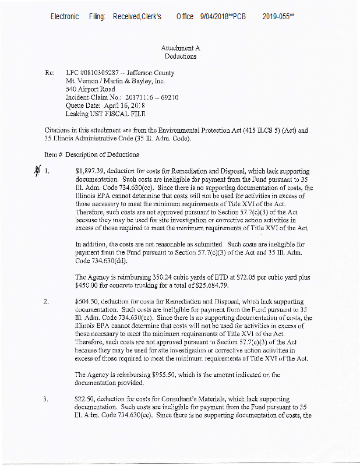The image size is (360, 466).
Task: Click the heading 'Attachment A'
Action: click(180, 48)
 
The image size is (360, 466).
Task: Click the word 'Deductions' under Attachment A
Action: click(180, 57)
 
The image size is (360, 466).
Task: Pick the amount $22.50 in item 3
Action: click(86, 398)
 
